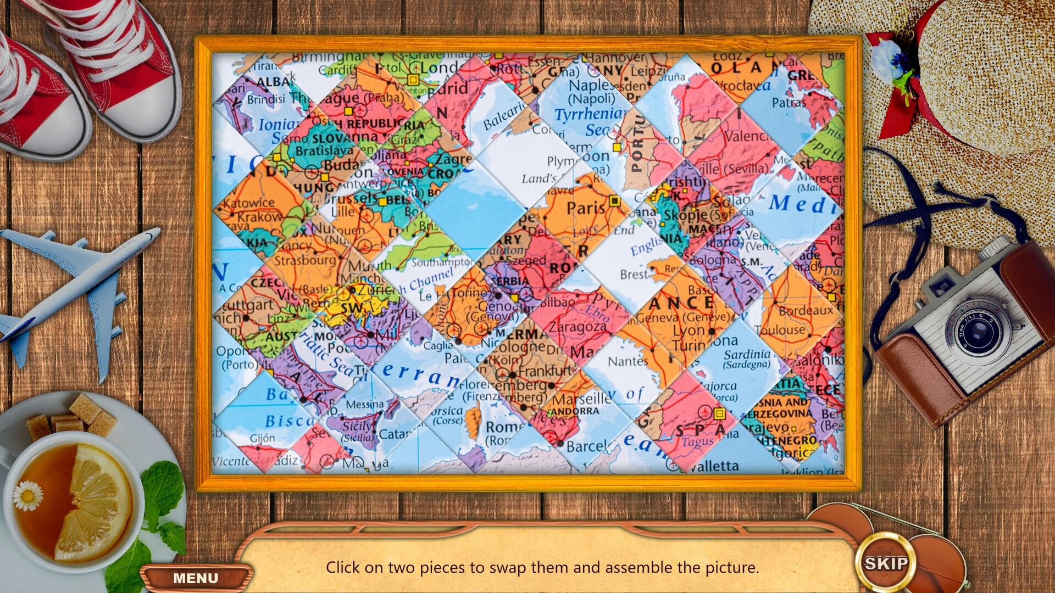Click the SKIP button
[886, 563]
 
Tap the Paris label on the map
[586, 209]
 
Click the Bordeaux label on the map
[806, 311]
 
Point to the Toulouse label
[780, 330]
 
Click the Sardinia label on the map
[747, 355]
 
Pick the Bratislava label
[324, 150]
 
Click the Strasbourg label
[305, 260]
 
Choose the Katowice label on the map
[249, 203]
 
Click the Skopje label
[687, 215]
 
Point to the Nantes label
[628, 361]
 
